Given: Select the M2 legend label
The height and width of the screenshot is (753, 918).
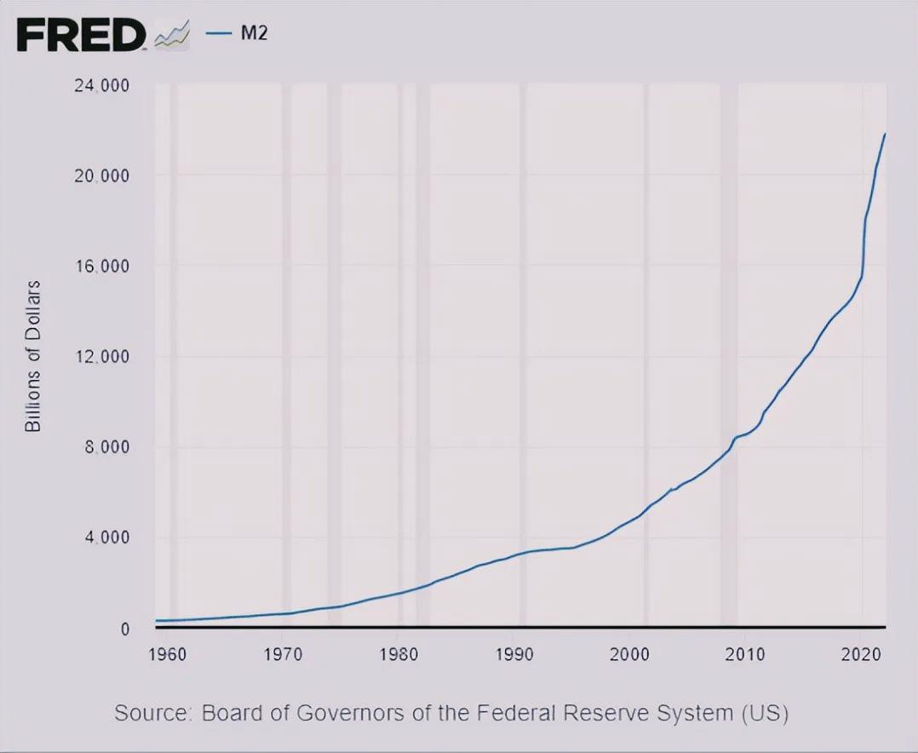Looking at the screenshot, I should coord(255,34).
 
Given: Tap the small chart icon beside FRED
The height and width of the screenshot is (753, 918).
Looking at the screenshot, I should coord(170,36).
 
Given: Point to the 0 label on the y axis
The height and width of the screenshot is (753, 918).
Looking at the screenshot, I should coord(124,629).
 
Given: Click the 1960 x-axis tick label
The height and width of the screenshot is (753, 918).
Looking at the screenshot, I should coord(167,654).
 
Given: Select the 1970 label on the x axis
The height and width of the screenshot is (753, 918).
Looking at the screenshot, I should coord(283,654).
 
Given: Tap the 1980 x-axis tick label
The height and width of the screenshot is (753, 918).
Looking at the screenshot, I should coord(398,654).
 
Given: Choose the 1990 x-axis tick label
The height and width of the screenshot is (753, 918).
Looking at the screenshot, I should coord(514,654).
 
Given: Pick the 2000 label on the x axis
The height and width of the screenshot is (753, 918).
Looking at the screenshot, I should coord(629,654).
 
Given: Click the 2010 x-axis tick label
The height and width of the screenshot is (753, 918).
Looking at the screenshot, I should coord(745,654).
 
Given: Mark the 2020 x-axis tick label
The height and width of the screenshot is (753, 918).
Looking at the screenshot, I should coord(861,654).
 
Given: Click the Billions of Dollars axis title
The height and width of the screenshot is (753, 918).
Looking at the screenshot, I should coord(33,355).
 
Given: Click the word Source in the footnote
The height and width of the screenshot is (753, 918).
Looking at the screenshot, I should coord(151,712).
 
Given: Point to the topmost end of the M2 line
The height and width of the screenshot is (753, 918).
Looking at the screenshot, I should coord(885,134).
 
